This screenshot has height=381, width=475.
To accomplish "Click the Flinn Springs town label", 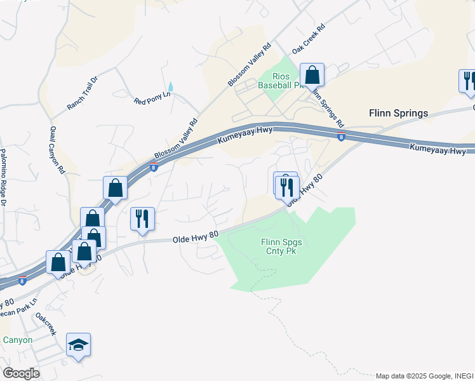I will [x=398, y=114].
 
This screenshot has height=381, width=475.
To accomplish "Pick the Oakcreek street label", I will [x=46, y=324].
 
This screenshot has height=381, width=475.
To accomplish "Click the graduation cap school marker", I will [x=78, y=345].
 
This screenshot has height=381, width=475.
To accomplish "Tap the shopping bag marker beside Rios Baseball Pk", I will [x=312, y=75].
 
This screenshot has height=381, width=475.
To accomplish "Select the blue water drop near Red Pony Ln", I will [x=170, y=86].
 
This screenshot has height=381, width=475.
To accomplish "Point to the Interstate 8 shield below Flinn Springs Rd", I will [x=341, y=137].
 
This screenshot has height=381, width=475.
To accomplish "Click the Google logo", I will [x=21, y=373].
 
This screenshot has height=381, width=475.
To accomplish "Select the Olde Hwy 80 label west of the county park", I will [x=196, y=236].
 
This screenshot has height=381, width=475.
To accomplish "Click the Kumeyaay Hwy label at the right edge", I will [x=438, y=150].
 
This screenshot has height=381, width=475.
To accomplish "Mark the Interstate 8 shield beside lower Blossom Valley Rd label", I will [x=154, y=167].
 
